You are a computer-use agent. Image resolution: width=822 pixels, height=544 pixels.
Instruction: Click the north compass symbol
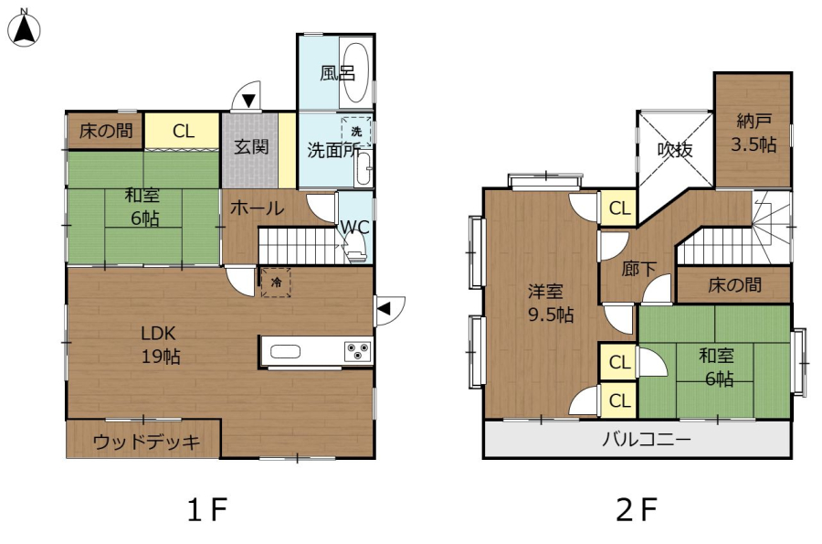(x=24, y=27)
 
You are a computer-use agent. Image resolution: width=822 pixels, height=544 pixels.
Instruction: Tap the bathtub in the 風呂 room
(x=355, y=72)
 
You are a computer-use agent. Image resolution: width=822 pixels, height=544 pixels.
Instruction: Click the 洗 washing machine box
(x=356, y=131)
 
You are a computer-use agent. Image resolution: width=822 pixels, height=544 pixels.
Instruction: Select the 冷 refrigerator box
(x=276, y=283)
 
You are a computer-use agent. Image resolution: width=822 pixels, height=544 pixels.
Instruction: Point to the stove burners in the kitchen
(x=358, y=351)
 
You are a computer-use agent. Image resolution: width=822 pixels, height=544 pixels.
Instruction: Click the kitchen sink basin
(x=285, y=351)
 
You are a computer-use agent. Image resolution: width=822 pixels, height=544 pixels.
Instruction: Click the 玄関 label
(x=251, y=147)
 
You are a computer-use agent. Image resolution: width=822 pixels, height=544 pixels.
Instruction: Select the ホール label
(x=257, y=208)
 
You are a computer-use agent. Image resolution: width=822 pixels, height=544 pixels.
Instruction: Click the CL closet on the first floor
(x=183, y=131)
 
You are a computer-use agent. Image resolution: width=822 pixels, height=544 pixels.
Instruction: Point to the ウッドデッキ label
(x=146, y=443)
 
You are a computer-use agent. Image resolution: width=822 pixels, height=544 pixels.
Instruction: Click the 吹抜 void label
(x=675, y=150)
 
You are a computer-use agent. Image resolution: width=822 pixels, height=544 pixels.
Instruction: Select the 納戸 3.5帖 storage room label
(x=753, y=133)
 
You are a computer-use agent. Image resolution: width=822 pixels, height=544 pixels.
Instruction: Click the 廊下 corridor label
(x=639, y=269)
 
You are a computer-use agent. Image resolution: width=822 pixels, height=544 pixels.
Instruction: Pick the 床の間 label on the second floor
(x=734, y=285)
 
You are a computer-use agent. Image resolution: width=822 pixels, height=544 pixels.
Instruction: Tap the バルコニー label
(x=646, y=439)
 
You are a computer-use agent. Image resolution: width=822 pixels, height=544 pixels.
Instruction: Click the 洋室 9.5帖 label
(x=551, y=303)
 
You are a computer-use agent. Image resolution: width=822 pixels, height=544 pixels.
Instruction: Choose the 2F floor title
(x=637, y=509)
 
